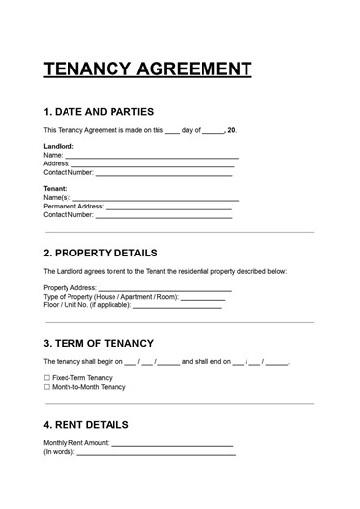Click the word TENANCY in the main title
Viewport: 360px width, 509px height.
92,69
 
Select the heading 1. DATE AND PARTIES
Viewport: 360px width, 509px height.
98,112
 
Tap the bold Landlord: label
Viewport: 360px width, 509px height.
59,146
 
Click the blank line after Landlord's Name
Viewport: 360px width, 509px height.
152,156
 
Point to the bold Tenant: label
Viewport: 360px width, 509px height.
56,188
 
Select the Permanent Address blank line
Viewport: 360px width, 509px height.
168,208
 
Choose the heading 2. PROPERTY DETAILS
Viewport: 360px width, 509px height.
107,253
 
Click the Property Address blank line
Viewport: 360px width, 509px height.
163,289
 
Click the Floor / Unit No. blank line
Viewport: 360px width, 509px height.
177,306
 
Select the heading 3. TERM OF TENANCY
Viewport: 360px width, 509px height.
98,344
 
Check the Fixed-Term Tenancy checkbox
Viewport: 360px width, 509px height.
46,378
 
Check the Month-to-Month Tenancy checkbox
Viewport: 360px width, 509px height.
46,387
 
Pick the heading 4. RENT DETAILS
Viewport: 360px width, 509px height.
86,425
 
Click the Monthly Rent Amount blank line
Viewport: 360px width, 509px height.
172,444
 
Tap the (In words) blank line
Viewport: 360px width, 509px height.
157,453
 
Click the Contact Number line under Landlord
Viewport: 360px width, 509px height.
163,173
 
